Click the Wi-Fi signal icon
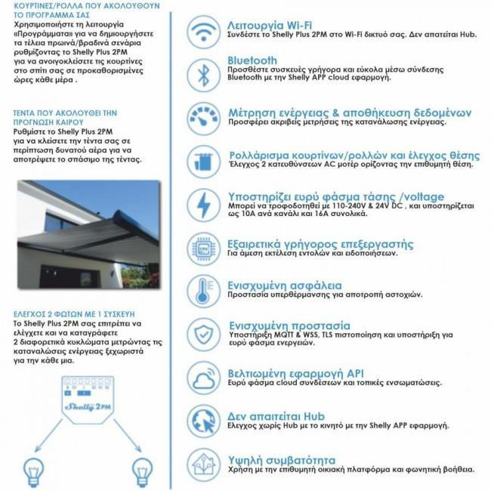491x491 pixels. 202,32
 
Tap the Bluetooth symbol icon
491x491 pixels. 202,74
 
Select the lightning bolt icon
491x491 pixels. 202,204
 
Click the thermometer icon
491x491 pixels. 202,291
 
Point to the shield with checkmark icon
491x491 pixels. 202,334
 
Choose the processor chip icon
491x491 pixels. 202,248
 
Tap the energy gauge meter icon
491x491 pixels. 202,118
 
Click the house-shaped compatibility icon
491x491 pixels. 202,463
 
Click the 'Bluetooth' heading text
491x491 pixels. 252,60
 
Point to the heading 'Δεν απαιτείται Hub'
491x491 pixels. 276,415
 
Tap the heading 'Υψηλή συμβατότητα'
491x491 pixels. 281,459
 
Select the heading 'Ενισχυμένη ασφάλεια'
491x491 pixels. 284,286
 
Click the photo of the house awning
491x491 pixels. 88,234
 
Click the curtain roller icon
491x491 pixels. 202,161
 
